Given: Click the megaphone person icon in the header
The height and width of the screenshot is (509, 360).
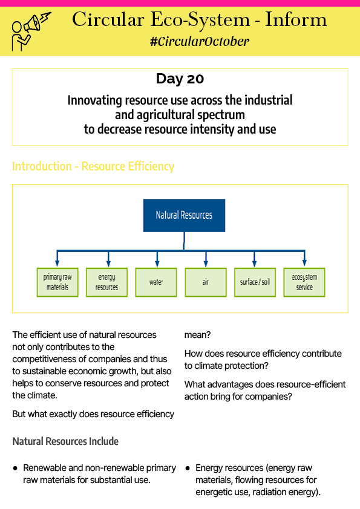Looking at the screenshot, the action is point(31,31).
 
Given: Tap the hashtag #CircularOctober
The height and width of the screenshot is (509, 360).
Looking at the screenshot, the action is point(200,42).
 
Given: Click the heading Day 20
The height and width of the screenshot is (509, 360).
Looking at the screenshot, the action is point(180,79).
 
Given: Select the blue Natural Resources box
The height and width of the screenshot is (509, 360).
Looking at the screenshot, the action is point(184,215).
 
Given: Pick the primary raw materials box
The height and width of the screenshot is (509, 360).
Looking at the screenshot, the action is point(57,282).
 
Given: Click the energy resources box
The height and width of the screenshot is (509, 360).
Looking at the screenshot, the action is point(107,282).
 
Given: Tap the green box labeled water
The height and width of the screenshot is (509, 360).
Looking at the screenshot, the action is point(156,282).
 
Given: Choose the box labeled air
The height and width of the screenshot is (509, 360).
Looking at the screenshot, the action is point(206,282).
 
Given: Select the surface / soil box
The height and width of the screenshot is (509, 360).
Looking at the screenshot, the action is point(255,282).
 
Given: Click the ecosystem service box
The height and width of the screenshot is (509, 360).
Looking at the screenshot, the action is point(304,282).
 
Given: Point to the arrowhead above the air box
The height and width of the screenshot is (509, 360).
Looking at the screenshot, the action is point(206,264).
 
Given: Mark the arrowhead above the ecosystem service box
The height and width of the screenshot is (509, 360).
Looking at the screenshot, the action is point(304,264).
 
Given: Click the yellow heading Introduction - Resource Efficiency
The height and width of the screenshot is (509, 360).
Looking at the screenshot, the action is point(93,166).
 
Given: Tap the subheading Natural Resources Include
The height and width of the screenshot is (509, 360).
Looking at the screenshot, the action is point(65,441).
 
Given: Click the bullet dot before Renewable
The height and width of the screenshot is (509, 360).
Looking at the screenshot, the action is point(15,468).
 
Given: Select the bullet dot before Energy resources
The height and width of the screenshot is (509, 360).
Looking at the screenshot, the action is point(188,468).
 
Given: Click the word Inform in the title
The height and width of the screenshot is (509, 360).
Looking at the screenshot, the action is point(296,20).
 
